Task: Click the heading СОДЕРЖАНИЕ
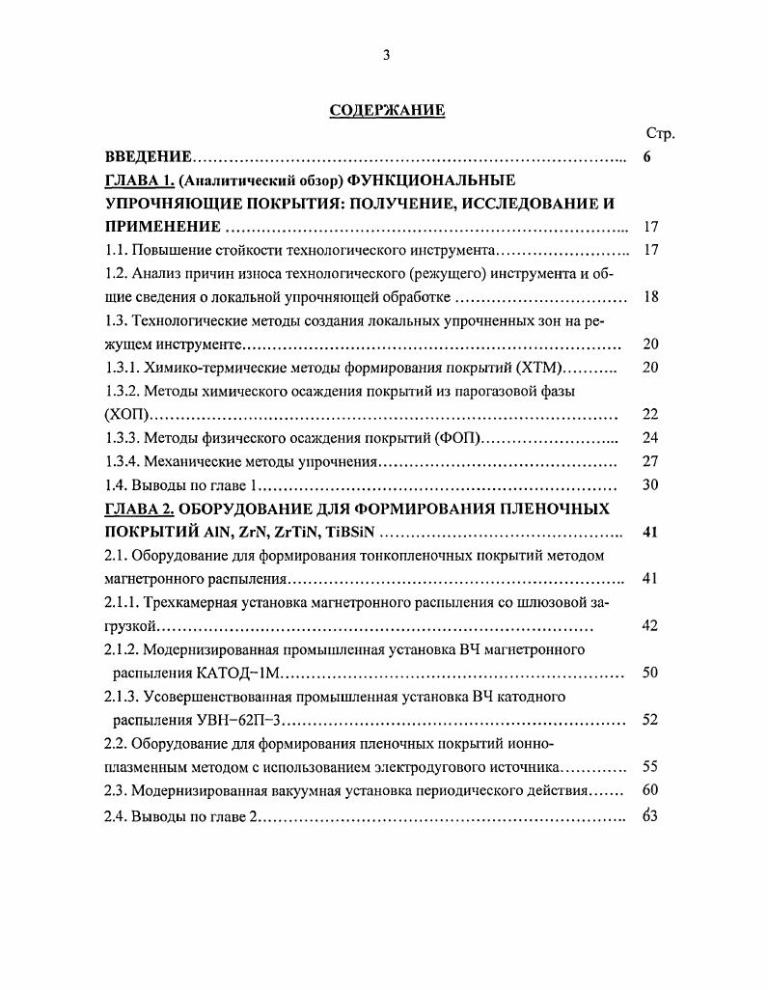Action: (387, 110)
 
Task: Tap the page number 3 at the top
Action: (386, 55)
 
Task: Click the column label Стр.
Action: (659, 133)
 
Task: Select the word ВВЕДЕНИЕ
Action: (149, 156)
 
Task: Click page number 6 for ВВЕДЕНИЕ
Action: (648, 156)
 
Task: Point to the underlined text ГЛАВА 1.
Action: (140, 180)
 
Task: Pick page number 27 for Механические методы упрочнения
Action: (649, 461)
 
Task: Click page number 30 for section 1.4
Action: (649, 484)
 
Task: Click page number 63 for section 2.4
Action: (649, 815)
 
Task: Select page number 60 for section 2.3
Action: (649, 791)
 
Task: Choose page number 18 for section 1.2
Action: (649, 296)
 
